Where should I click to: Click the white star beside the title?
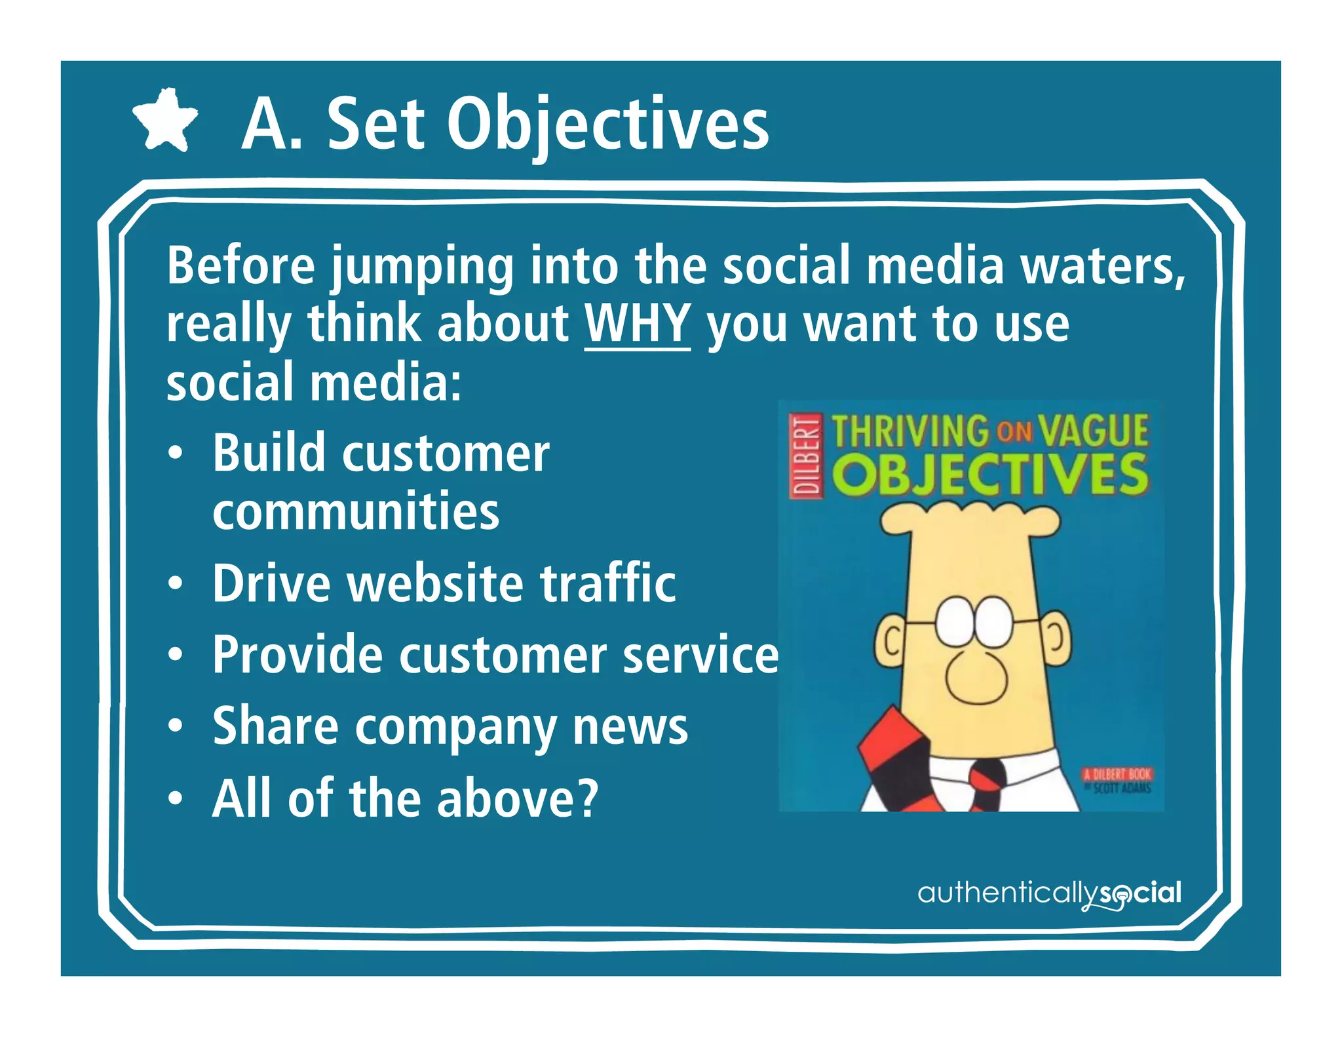coord(164,121)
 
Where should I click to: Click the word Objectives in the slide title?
coord(607,125)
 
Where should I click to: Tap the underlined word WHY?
coord(637,324)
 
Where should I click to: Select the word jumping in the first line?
coord(423,267)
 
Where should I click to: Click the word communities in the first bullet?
coord(356,511)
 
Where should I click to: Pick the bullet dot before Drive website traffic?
coord(174,583)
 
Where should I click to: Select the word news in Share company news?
coord(630,726)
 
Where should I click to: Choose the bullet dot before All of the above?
coord(174,798)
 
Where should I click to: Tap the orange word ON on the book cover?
coord(1015,431)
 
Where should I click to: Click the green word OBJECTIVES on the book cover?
coord(993,475)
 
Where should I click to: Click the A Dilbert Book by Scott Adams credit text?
coord(1117,780)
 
